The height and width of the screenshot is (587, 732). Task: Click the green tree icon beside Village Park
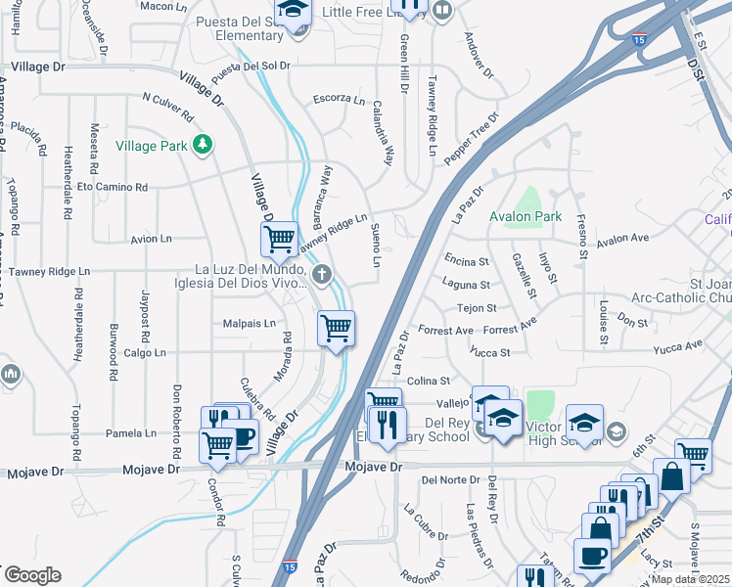coord(203,145)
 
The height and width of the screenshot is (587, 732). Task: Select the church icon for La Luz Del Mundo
coord(319,273)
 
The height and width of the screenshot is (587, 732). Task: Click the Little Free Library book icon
coord(442,12)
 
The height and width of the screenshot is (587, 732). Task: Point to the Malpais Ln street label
coord(250,323)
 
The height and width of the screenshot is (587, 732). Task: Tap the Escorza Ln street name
coord(339,100)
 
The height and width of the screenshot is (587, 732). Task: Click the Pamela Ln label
coord(137,432)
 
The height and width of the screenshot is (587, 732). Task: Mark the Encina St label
coord(466,261)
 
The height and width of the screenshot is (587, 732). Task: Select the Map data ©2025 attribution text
coord(691,579)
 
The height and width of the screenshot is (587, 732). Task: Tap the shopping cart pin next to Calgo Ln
coord(336,328)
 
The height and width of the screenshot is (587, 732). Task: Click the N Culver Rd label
coord(171,99)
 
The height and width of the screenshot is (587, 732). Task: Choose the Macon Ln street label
coord(163,6)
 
